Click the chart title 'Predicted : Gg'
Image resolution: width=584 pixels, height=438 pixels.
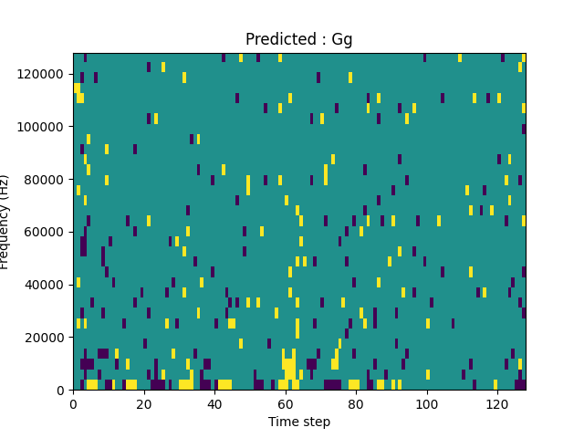point(298,39)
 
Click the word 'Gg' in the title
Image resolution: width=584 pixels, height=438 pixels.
point(342,40)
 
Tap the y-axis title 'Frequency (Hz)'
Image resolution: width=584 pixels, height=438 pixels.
point(5,222)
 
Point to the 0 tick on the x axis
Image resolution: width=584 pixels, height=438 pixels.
point(73,403)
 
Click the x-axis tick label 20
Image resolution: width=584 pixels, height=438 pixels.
point(143,403)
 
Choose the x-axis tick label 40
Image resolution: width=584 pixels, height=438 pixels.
point(214,403)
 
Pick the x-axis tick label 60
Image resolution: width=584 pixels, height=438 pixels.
point(285,403)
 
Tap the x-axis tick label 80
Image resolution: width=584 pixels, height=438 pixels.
point(356,403)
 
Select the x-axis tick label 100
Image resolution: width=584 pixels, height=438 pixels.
point(426,403)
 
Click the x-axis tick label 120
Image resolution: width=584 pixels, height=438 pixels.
point(496,403)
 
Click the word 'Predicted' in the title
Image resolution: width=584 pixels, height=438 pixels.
point(276,39)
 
